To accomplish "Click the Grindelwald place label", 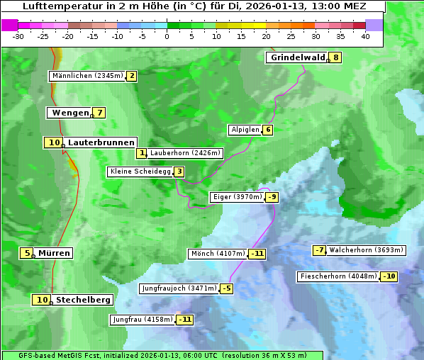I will click(x=297, y=57).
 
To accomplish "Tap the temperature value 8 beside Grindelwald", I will click(x=336, y=57).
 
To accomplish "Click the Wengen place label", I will click(x=70, y=113).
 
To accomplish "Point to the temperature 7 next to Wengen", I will click(x=100, y=113).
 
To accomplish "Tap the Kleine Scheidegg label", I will click(x=139, y=171).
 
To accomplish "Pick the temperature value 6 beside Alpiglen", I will click(x=268, y=130).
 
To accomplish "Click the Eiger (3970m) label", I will click(x=237, y=197).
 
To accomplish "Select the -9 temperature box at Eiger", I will click(x=272, y=197).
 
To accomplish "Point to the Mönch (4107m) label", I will click(x=218, y=254).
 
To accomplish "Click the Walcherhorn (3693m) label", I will click(x=367, y=250).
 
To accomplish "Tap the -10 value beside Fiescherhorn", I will click(x=389, y=276).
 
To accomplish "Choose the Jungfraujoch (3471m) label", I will click(x=179, y=288).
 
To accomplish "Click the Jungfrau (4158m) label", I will click(x=142, y=320).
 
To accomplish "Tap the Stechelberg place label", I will click(x=83, y=300).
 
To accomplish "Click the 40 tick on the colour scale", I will click(x=365, y=37).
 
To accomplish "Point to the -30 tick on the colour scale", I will click(x=18, y=37).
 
